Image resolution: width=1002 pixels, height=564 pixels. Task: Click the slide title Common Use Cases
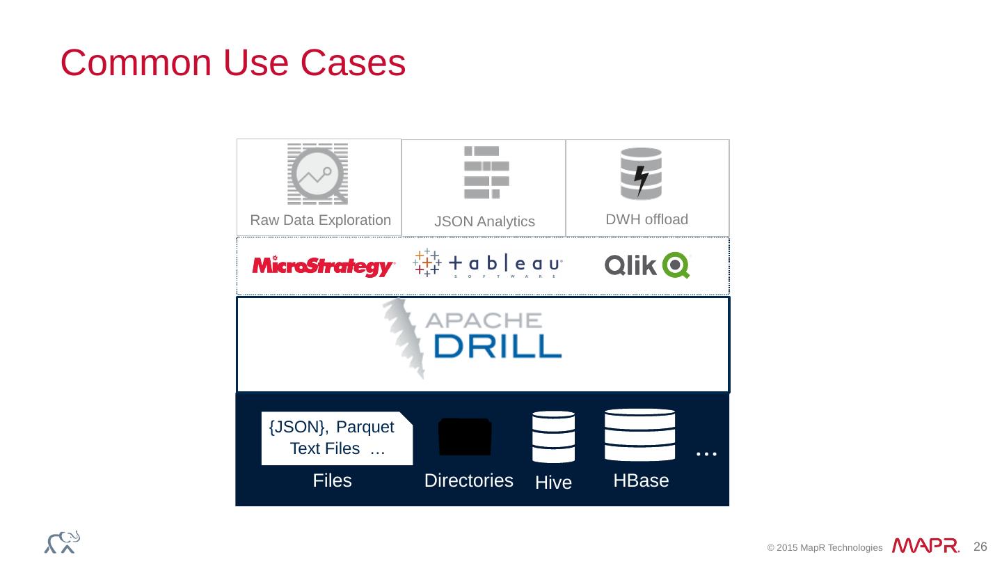coord(233,63)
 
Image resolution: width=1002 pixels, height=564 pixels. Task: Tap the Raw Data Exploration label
coord(320,221)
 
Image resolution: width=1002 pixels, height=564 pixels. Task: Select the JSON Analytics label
coord(484,222)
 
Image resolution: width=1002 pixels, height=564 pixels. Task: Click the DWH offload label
coord(646,220)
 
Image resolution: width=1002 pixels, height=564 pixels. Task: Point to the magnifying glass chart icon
coord(318,174)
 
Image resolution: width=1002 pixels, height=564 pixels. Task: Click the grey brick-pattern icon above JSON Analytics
coord(486,172)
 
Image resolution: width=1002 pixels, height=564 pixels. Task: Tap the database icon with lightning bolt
coord(641,173)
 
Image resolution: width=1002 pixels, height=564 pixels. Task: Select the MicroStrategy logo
coord(324,266)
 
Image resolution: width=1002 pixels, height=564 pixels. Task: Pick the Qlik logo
coord(646,265)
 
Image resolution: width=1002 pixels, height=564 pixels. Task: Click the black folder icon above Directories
coord(465,437)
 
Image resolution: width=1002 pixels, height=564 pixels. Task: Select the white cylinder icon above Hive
coord(553,437)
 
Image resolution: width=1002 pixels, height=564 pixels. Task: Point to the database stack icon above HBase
coord(639,434)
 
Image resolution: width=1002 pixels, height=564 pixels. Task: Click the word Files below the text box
coord(332,481)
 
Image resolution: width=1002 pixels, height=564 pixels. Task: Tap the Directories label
coord(468,481)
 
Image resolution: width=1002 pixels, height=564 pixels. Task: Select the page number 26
coord(980,547)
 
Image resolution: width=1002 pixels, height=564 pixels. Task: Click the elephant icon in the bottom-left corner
coord(62,542)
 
